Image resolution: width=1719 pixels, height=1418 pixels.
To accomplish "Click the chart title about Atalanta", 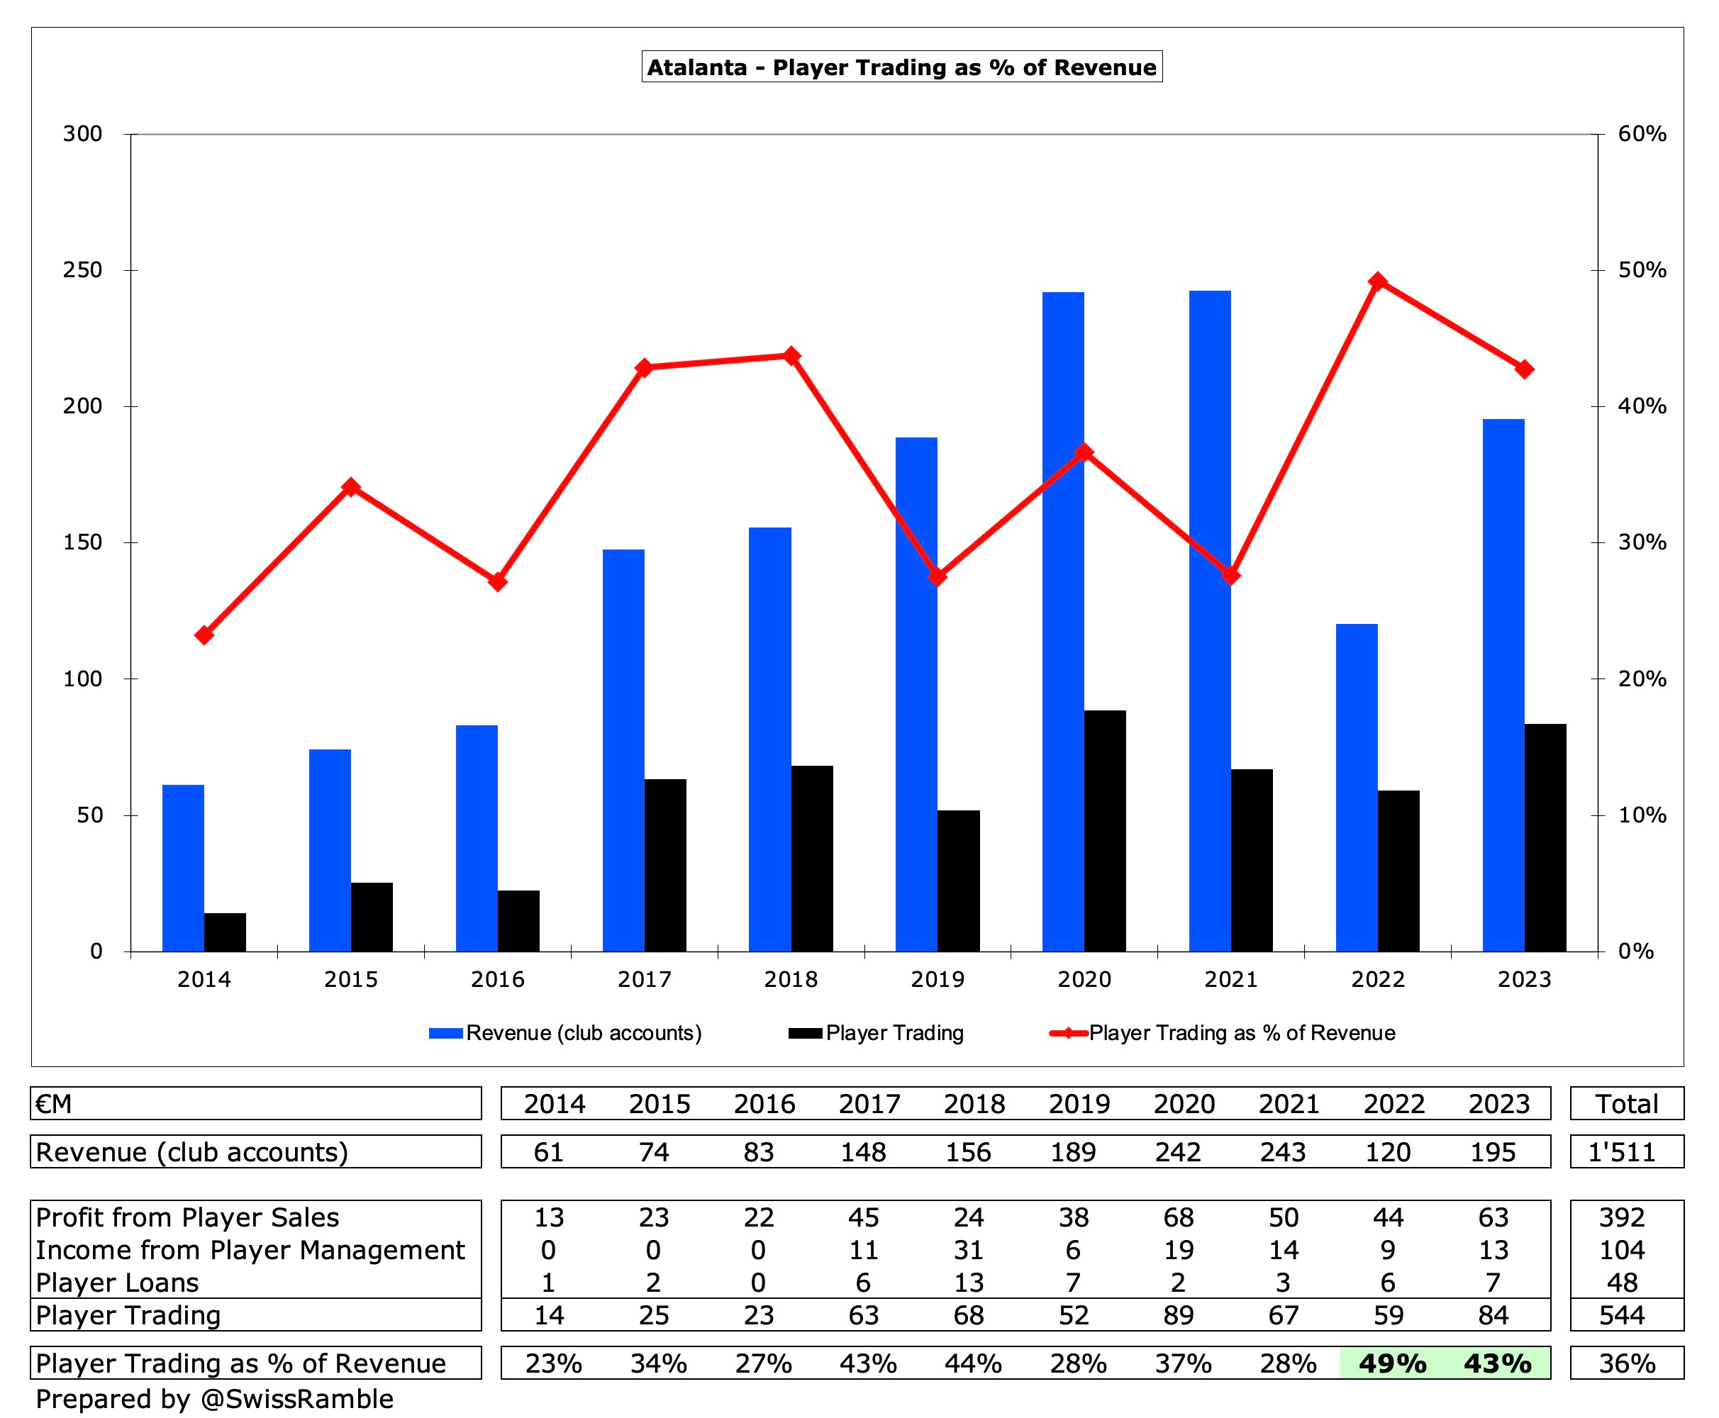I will tap(901, 67).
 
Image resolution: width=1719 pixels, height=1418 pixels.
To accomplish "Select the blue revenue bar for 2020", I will tap(1063, 621).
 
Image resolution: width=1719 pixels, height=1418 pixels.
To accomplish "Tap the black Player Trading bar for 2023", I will tap(1545, 837).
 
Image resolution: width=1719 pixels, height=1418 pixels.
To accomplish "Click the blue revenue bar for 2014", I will tap(183, 868).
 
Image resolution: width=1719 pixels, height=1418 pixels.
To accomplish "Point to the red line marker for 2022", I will tap(1377, 281).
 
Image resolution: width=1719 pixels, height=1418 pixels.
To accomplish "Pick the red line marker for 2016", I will tap(498, 582).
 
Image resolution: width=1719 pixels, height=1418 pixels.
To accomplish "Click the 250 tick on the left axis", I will tap(82, 270).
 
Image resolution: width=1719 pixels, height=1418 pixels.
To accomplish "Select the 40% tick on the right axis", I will tap(1642, 406).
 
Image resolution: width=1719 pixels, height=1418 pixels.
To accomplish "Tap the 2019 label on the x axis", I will tap(937, 979).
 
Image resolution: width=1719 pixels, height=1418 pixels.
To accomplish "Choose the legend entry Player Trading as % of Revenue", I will tap(1241, 1033).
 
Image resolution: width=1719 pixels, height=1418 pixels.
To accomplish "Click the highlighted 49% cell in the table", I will tap(1392, 1363).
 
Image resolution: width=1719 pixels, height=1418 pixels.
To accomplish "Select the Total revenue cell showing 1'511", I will tap(1622, 1151).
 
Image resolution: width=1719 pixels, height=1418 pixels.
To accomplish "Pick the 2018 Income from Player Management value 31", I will tap(968, 1250).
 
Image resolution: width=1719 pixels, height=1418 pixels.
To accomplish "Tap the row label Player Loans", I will tap(117, 1283).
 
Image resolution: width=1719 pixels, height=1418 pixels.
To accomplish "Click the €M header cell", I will tap(54, 1103).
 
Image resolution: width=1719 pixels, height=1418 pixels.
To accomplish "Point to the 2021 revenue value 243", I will tap(1283, 1151).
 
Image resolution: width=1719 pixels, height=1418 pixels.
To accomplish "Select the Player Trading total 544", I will tap(1622, 1315).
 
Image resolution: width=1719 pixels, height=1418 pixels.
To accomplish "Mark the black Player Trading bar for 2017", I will tap(665, 865).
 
